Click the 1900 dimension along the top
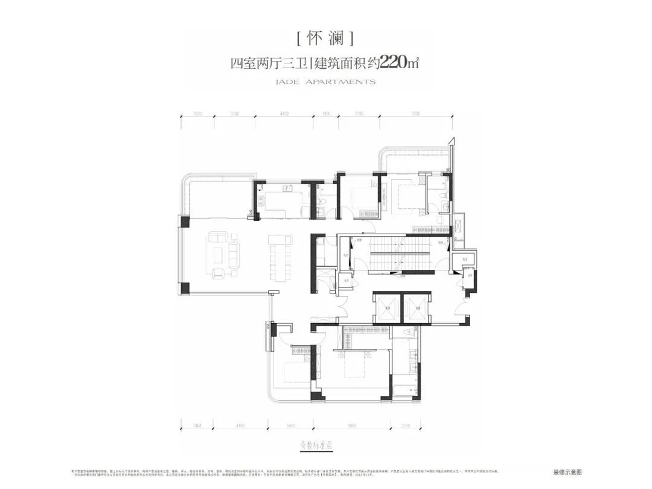[x=327, y=113]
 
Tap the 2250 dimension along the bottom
[x=404, y=426]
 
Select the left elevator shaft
[x=386, y=309]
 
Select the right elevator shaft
[x=416, y=309]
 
